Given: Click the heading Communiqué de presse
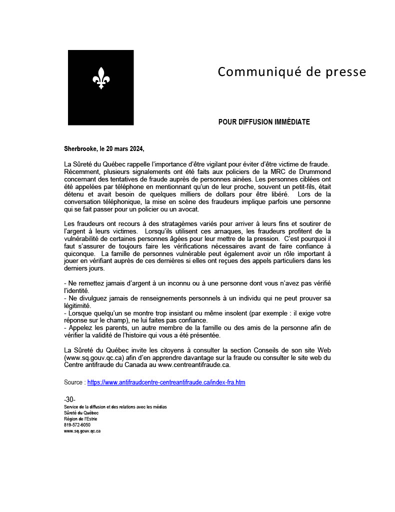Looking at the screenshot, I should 291,72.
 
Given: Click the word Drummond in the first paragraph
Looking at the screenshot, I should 314,171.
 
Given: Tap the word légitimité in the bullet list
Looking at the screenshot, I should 77,305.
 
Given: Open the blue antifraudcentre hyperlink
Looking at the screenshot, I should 166,382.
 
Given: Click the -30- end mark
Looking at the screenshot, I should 69,399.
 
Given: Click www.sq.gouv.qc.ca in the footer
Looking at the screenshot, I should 82,431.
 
